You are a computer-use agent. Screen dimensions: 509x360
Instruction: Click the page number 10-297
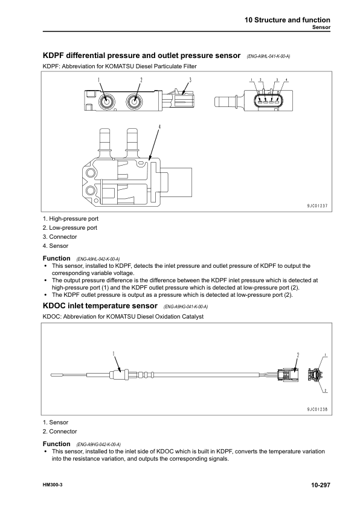tap(317, 485)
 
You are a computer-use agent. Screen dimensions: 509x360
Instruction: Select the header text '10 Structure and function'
tap(287, 20)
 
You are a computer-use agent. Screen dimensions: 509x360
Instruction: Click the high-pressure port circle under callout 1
tap(106, 100)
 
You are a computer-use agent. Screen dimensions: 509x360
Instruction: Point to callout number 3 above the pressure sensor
tap(190, 80)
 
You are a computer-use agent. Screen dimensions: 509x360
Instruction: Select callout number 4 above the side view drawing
tap(159, 128)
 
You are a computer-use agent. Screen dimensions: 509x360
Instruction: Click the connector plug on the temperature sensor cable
tap(287, 376)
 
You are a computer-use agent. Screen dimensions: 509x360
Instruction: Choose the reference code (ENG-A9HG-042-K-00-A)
tap(98, 444)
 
